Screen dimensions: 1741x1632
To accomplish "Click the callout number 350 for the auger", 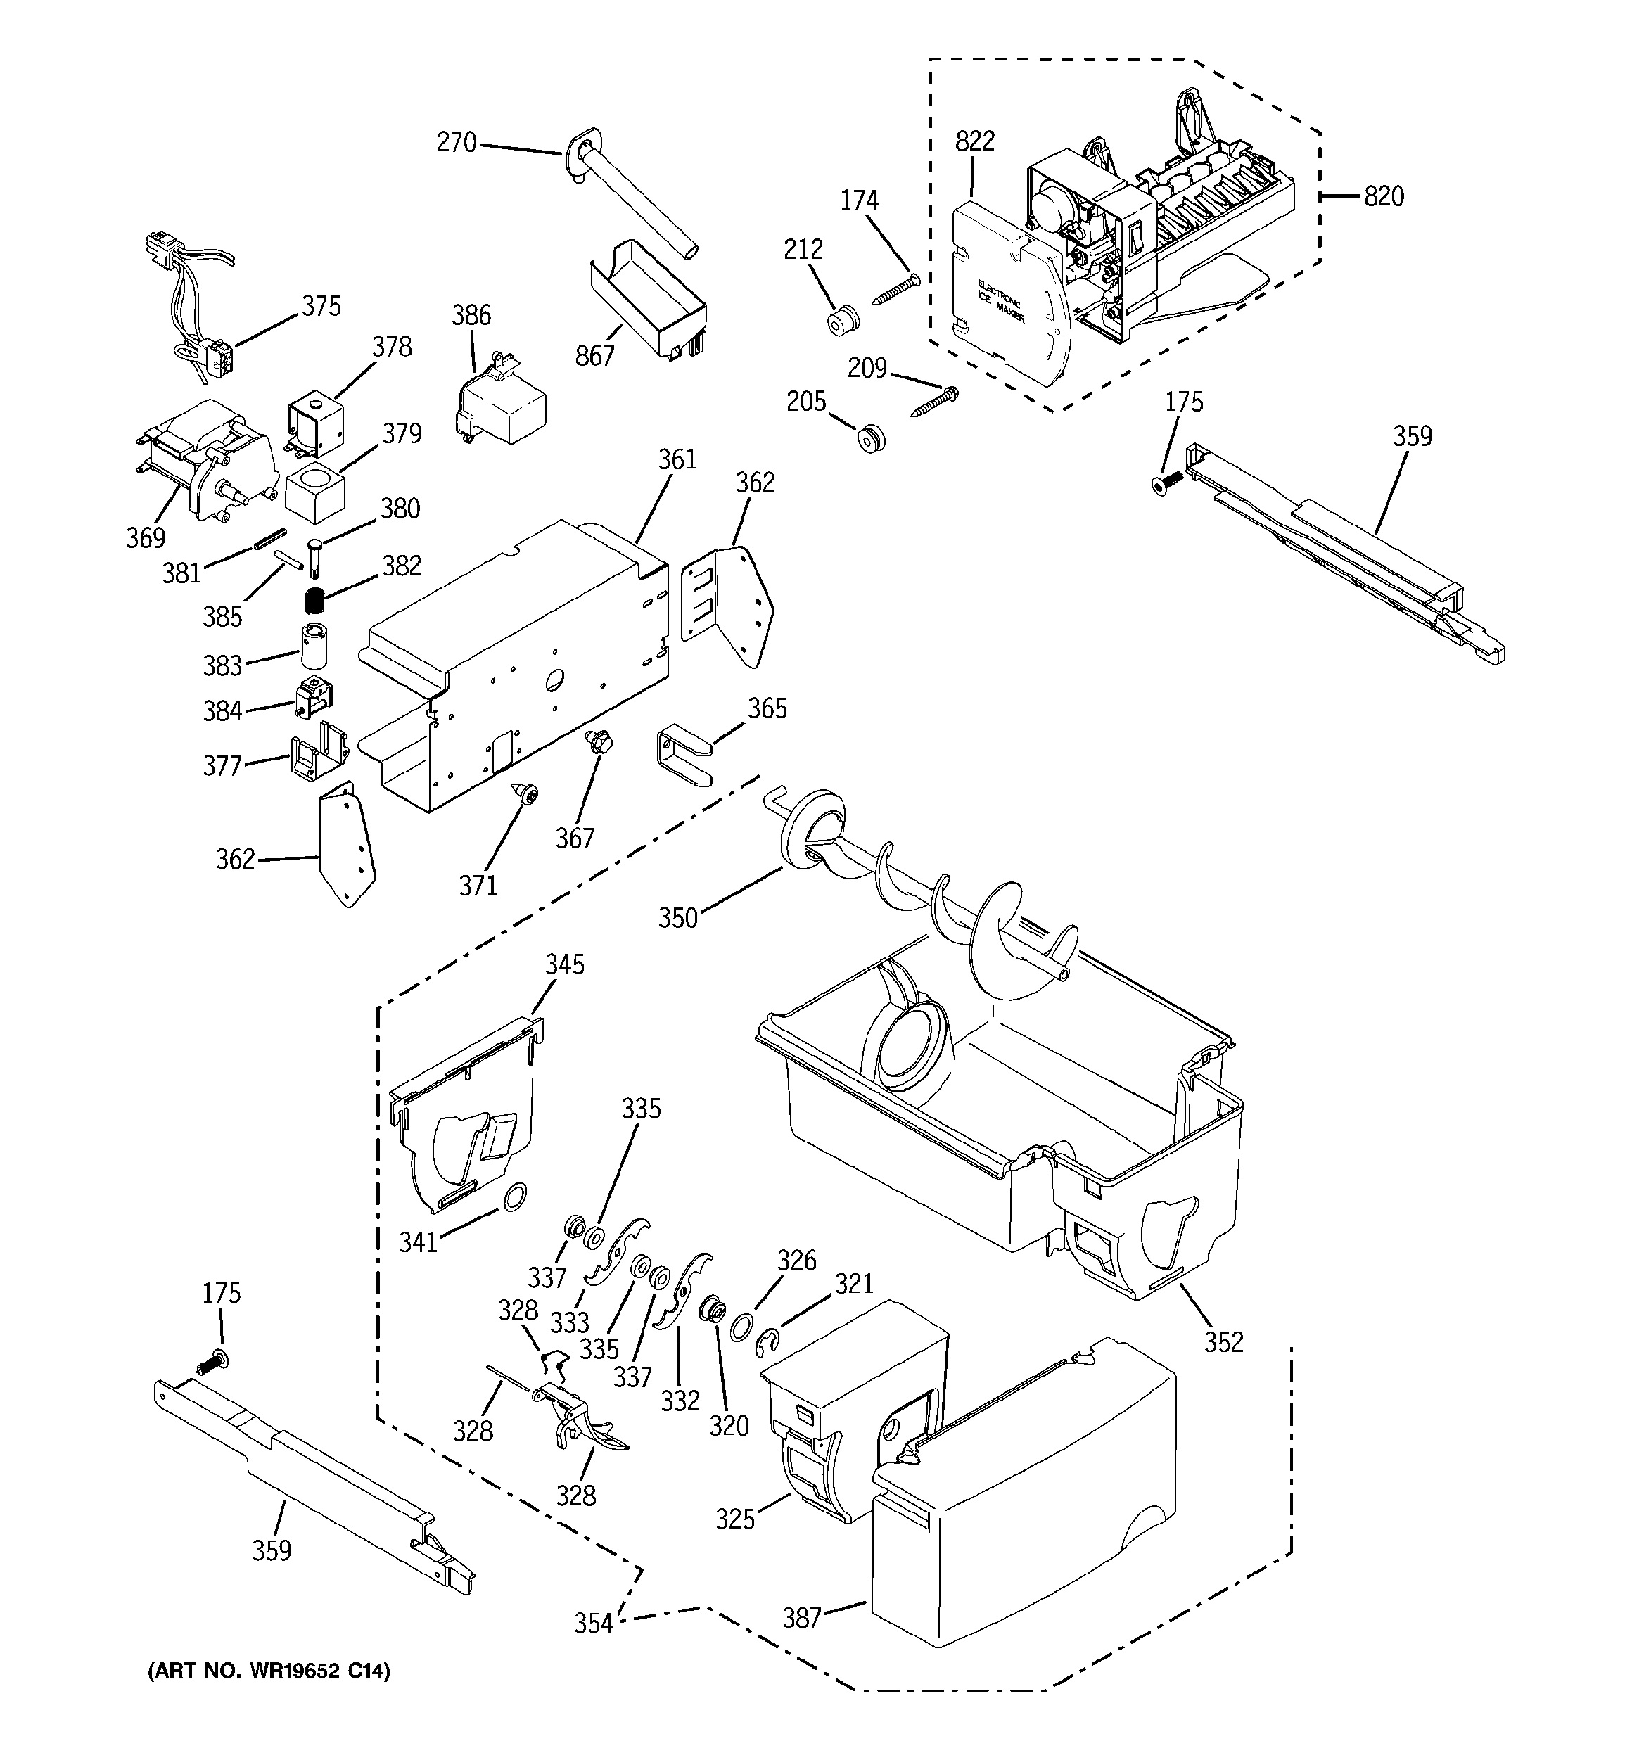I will click(x=678, y=918).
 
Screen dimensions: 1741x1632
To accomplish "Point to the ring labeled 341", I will click(x=517, y=1194).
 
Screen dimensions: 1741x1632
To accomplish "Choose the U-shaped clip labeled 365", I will click(x=682, y=752).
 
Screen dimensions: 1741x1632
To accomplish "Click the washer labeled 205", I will click(x=872, y=439).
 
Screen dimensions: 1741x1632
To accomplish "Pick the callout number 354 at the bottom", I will click(x=593, y=1624).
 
